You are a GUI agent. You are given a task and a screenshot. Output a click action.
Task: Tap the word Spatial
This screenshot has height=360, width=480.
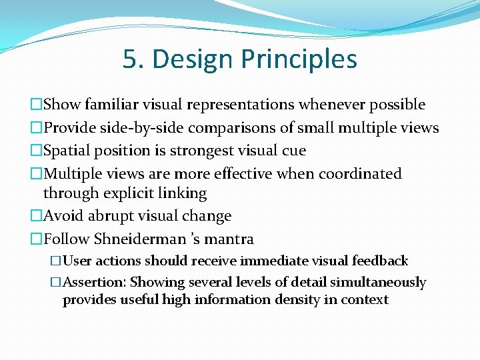[x=69, y=151]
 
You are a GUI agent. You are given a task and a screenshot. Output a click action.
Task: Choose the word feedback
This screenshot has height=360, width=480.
[x=380, y=261]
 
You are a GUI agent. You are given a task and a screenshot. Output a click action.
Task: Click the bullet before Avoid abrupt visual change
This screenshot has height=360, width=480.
[x=36, y=216]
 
